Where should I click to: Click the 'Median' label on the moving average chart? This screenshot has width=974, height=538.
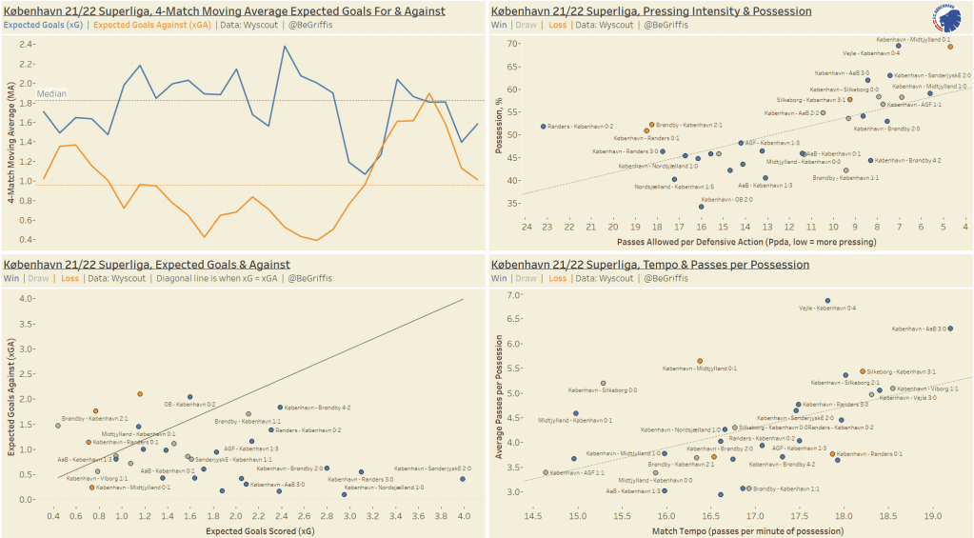tap(51, 93)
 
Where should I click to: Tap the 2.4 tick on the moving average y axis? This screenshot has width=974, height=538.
tap(25, 45)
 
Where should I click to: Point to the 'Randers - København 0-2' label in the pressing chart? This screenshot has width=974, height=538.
tap(581, 127)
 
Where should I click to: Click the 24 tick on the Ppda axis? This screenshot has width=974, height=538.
tap(526, 228)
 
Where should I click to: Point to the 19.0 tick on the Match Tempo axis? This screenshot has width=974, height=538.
tap(932, 515)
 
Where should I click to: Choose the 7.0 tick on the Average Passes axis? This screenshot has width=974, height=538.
tap(515, 295)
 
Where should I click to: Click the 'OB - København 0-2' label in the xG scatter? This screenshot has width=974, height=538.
tap(190, 405)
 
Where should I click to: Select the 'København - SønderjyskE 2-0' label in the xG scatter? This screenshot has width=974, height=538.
tap(432, 468)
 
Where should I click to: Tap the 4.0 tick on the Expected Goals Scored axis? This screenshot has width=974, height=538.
tap(463, 515)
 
